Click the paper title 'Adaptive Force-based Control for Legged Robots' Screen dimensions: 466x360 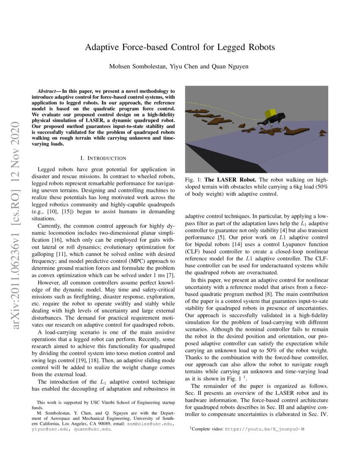[x=180, y=47]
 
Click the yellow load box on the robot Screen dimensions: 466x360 [x=269, y=114]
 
